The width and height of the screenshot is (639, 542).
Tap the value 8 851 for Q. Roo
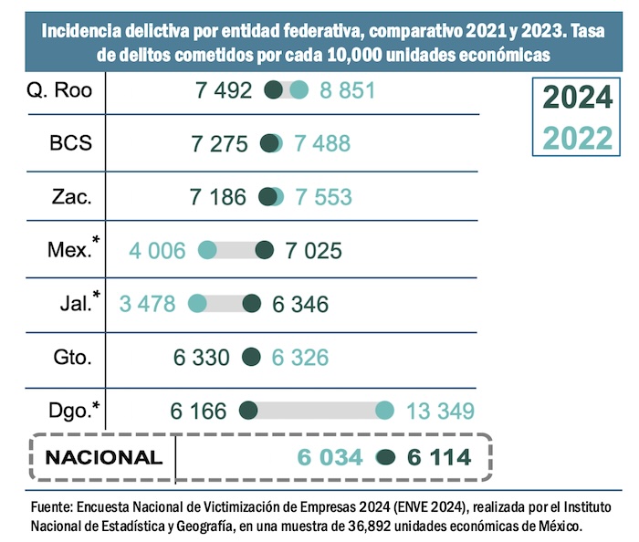[x=346, y=91]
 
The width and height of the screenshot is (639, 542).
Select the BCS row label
[x=71, y=144]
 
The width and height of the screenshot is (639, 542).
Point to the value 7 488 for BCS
[x=321, y=144]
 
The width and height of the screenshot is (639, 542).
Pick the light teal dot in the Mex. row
[x=207, y=250]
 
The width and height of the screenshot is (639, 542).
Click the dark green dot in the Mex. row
[x=265, y=250]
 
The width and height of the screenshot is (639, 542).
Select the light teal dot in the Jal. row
[x=197, y=303]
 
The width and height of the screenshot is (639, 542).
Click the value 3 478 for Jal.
[x=147, y=303]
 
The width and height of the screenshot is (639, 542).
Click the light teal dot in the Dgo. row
[x=384, y=410]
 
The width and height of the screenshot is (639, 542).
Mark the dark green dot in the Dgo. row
[x=246, y=410]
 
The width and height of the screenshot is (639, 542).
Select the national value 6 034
[x=330, y=457]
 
